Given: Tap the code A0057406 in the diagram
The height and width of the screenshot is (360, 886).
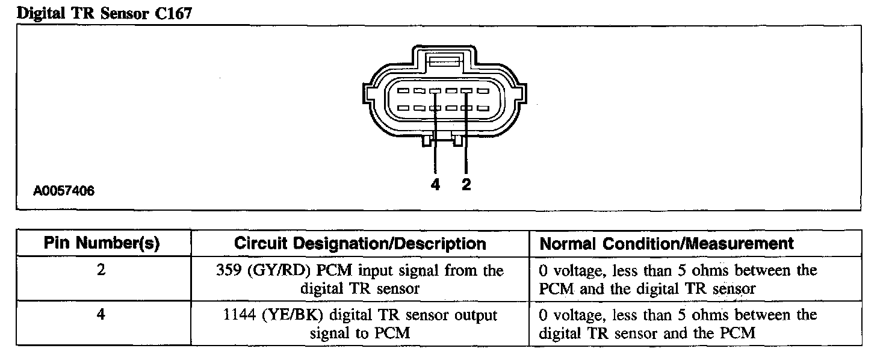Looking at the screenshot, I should point(64,191).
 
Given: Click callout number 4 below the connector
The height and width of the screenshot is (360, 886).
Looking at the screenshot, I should point(435,185).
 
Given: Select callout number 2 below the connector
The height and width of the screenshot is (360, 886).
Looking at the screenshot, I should point(466,185).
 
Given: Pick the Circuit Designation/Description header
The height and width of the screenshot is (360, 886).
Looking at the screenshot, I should point(359,244).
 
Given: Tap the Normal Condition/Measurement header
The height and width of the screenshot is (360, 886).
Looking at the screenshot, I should point(667,244).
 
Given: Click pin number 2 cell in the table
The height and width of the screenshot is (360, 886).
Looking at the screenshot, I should point(101,271).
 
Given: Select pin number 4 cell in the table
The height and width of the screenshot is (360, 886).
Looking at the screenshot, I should point(101,315).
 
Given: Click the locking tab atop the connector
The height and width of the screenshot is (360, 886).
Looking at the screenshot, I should point(445,61).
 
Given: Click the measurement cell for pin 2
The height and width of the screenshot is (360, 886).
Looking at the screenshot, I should point(678,279).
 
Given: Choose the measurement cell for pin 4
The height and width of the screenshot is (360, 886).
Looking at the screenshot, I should point(678,324).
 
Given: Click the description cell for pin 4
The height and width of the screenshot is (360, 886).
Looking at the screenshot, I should point(359,324).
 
